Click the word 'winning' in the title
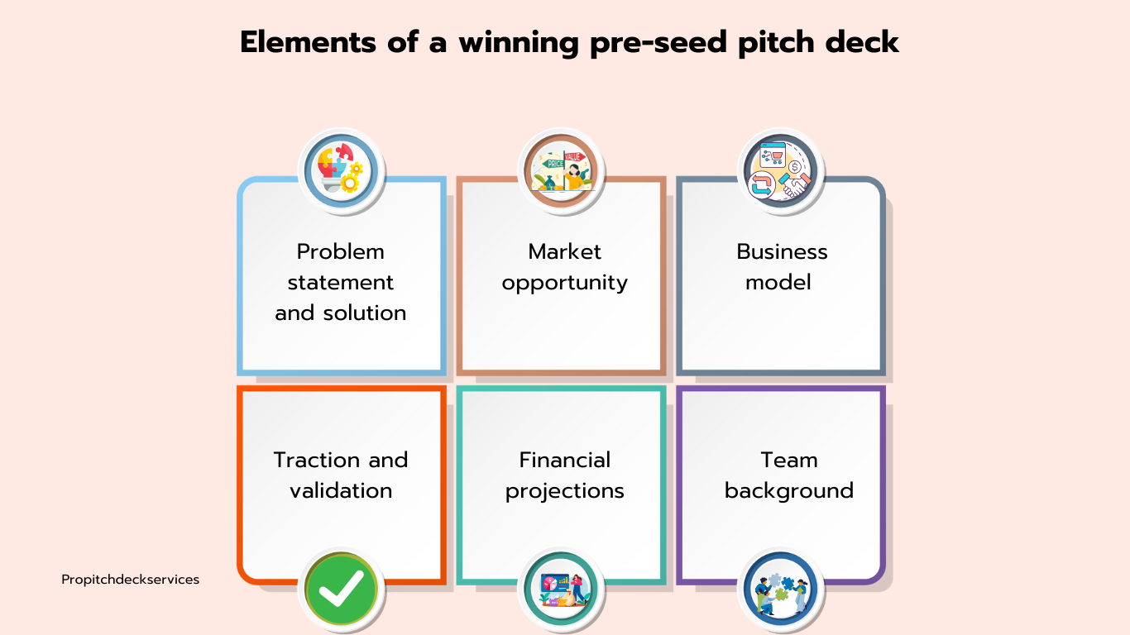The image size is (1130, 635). pyautogui.click(x=519, y=42)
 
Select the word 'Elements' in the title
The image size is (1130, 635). pyautogui.click(x=309, y=42)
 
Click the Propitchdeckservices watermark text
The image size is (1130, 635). pyautogui.click(x=130, y=580)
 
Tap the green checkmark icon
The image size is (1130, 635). pyautogui.click(x=342, y=589)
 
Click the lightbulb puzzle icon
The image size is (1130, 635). pyautogui.click(x=342, y=171)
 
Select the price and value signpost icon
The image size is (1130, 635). pyautogui.click(x=561, y=171)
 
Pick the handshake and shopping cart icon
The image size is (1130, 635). pyautogui.click(x=780, y=171)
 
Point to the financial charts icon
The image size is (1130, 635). pyautogui.click(x=561, y=589)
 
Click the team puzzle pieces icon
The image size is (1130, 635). pyautogui.click(x=780, y=589)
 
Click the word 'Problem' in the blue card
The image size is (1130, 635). pyautogui.click(x=341, y=251)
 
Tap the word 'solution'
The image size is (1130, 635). pyautogui.click(x=365, y=313)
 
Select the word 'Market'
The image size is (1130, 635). pyautogui.click(x=564, y=251)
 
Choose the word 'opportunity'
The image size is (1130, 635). pyautogui.click(x=564, y=284)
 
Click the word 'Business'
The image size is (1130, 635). pyautogui.click(x=782, y=251)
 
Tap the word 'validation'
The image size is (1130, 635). pyautogui.click(x=341, y=491)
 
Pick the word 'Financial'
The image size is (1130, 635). pyautogui.click(x=564, y=460)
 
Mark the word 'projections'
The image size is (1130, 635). pyautogui.click(x=564, y=492)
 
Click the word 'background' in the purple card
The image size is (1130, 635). pyautogui.click(x=789, y=492)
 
